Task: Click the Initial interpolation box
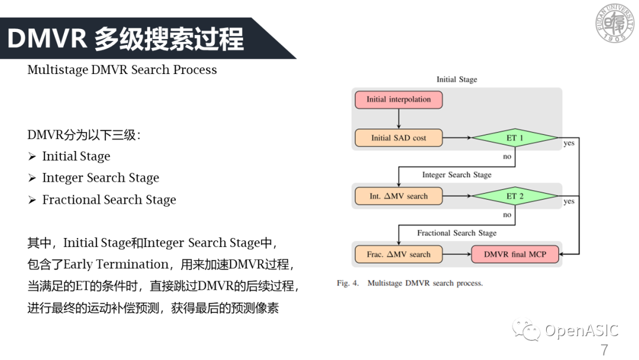(398, 99)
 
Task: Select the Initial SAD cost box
(398, 138)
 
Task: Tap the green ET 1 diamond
(514, 138)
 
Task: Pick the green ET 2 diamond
(514, 196)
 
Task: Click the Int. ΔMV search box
(398, 196)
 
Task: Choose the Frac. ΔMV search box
(398, 255)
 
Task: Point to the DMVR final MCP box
(515, 255)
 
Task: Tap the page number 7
(604, 349)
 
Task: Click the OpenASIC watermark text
(581, 330)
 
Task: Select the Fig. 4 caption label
(348, 283)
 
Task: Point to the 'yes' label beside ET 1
(569, 143)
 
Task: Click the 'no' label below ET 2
(506, 215)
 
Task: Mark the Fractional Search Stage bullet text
(109, 200)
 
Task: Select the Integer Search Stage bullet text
(101, 178)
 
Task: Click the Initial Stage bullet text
(76, 156)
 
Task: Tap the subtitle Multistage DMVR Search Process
(122, 70)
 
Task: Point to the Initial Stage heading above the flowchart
(456, 79)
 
